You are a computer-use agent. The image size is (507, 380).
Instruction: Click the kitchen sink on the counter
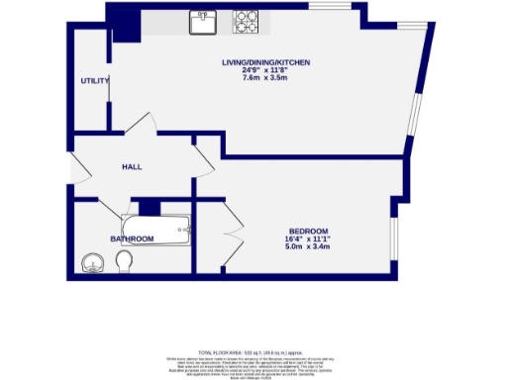[x=204, y=20]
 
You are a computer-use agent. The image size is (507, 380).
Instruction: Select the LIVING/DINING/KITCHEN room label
[x=266, y=63]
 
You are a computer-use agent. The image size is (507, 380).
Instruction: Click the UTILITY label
[x=94, y=81]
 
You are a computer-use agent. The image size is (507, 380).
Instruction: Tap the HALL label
[x=133, y=167]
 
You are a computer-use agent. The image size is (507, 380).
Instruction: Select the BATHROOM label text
[x=131, y=239]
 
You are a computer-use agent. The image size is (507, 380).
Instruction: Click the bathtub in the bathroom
[x=154, y=231]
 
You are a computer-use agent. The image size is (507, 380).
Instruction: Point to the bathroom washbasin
[x=92, y=263]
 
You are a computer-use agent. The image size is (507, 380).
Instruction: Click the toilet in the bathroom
[x=125, y=260]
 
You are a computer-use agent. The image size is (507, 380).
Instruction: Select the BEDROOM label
[x=309, y=231]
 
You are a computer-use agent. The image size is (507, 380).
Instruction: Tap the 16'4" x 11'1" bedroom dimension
[x=309, y=239]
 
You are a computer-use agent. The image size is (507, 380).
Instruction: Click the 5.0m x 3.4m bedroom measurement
[x=309, y=247]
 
